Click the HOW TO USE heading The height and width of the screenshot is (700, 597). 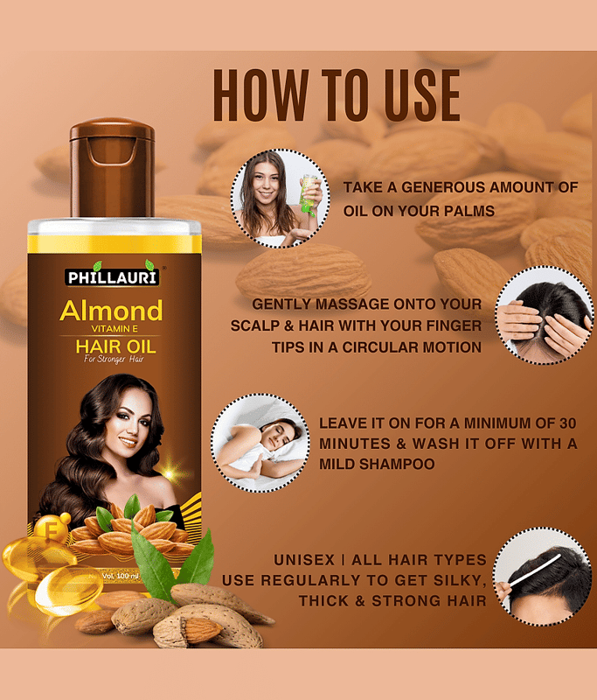click(x=337, y=95)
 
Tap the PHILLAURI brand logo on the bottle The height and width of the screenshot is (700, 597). click(x=112, y=276)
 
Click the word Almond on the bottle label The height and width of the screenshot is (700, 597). click(x=112, y=311)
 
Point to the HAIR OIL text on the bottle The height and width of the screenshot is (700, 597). click(x=116, y=346)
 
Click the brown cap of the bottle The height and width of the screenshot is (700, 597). click(x=112, y=168)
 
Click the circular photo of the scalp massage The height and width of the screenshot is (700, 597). click(x=544, y=315)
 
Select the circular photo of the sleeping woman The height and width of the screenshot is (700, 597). click(x=260, y=443)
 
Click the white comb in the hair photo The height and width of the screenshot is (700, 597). click(x=535, y=570)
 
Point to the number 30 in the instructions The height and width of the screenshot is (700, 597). click(x=568, y=423)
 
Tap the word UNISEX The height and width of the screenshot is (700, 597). click(x=304, y=560)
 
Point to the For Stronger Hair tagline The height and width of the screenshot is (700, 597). click(x=114, y=359)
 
